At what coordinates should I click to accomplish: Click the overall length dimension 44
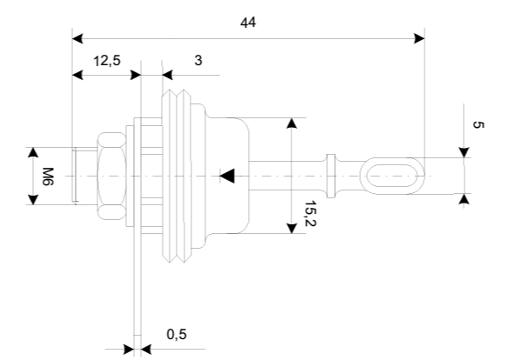pos(248,23)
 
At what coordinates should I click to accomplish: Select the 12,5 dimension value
pos(107,61)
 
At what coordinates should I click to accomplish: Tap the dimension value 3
pos(198,60)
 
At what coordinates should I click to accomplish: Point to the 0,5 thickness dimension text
pos(177,335)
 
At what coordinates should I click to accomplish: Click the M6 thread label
pos(48,177)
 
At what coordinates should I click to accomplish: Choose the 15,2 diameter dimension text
pos(311,214)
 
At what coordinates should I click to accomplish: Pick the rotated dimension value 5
pos(478,124)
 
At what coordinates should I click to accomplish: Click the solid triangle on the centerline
pos(227,176)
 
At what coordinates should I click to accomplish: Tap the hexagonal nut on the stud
pos(111,177)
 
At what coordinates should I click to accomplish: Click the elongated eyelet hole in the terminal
pos(392,176)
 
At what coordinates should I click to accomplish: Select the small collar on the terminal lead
pos(331,176)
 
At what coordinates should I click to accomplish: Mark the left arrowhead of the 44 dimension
pos(77,38)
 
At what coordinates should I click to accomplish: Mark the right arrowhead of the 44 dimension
pos(419,38)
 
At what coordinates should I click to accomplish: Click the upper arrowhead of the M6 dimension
pos(33,152)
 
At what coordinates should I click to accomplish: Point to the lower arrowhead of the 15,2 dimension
pos(291,228)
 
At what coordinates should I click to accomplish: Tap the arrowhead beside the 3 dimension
pos(168,75)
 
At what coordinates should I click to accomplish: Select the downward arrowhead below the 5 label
pos(464,152)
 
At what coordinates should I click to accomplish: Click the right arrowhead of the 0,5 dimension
pos(146,350)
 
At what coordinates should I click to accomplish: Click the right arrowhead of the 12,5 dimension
pos(136,75)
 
